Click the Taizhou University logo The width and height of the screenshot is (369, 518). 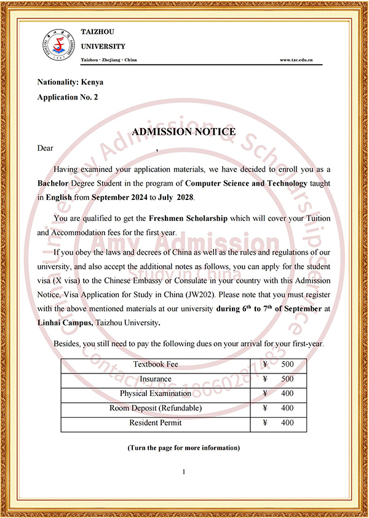click(53, 44)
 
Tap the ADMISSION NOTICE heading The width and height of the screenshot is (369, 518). click(184, 131)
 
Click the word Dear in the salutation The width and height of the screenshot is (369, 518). click(46, 148)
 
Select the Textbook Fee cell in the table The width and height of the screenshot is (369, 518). click(156, 365)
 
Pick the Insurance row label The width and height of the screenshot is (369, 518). click(156, 379)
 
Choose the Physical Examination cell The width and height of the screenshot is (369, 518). click(156, 394)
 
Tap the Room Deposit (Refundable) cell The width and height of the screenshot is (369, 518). click(156, 408)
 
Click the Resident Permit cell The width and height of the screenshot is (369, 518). click(156, 423)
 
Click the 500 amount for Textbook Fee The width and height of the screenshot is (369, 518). click(287, 365)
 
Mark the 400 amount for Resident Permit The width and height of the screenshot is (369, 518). click(287, 423)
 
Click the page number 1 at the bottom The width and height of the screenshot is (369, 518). click(184, 472)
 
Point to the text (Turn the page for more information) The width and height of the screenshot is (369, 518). click(184, 447)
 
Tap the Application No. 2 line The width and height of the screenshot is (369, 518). click(67, 97)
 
